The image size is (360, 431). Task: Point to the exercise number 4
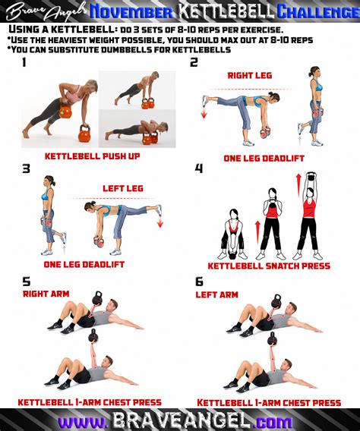tap(199, 168)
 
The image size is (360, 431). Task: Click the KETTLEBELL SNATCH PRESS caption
tap(273, 266)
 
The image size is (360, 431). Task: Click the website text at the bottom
tap(180, 420)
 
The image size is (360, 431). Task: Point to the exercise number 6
tap(199, 281)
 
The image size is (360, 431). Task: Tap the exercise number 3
tap(26, 168)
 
